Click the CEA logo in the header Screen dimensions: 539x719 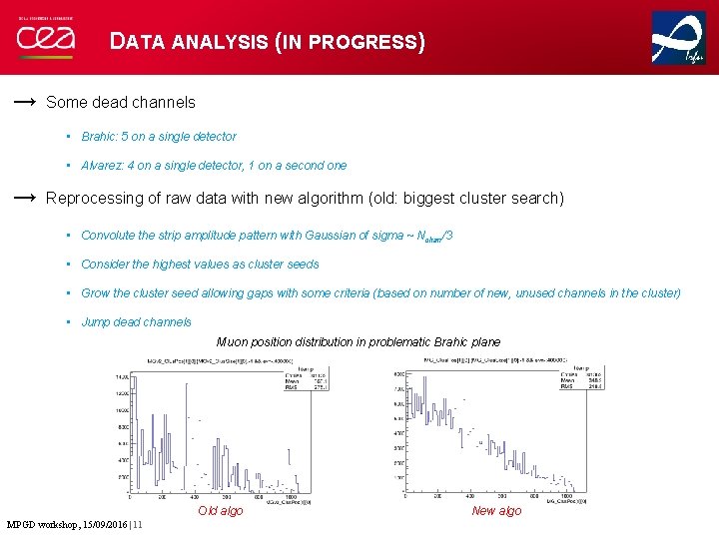(x=45, y=40)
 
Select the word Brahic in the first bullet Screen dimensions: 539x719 (x=99, y=137)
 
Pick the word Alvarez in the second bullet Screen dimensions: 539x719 (x=102, y=166)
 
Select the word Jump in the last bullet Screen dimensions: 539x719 (x=96, y=322)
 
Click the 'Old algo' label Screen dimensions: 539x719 (x=220, y=511)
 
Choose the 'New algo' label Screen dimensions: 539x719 (x=496, y=511)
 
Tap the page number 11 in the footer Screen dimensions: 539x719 (x=137, y=525)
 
